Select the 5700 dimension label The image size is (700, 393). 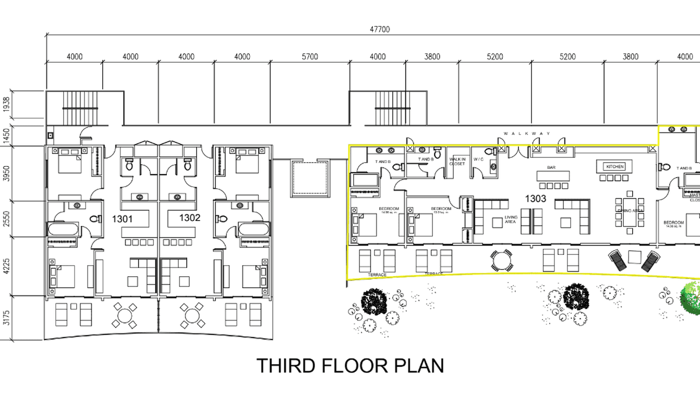click(x=310, y=57)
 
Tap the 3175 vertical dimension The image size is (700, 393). click(x=6, y=318)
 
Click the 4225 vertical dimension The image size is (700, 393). click(x=6, y=266)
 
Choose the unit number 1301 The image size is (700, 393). click(x=122, y=219)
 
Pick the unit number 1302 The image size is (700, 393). click(x=190, y=218)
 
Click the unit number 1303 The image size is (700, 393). click(x=535, y=199)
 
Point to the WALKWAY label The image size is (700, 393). click(x=527, y=133)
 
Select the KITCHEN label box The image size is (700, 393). click(x=614, y=167)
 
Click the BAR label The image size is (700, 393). click(x=551, y=168)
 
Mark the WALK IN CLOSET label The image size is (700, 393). click(x=457, y=162)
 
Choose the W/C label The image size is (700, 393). click(x=478, y=159)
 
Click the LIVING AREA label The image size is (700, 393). click(x=511, y=219)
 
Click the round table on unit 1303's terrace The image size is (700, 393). click(x=501, y=260)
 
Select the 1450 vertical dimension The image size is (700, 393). click(x=6, y=136)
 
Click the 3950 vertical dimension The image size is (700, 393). click(x=6, y=174)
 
